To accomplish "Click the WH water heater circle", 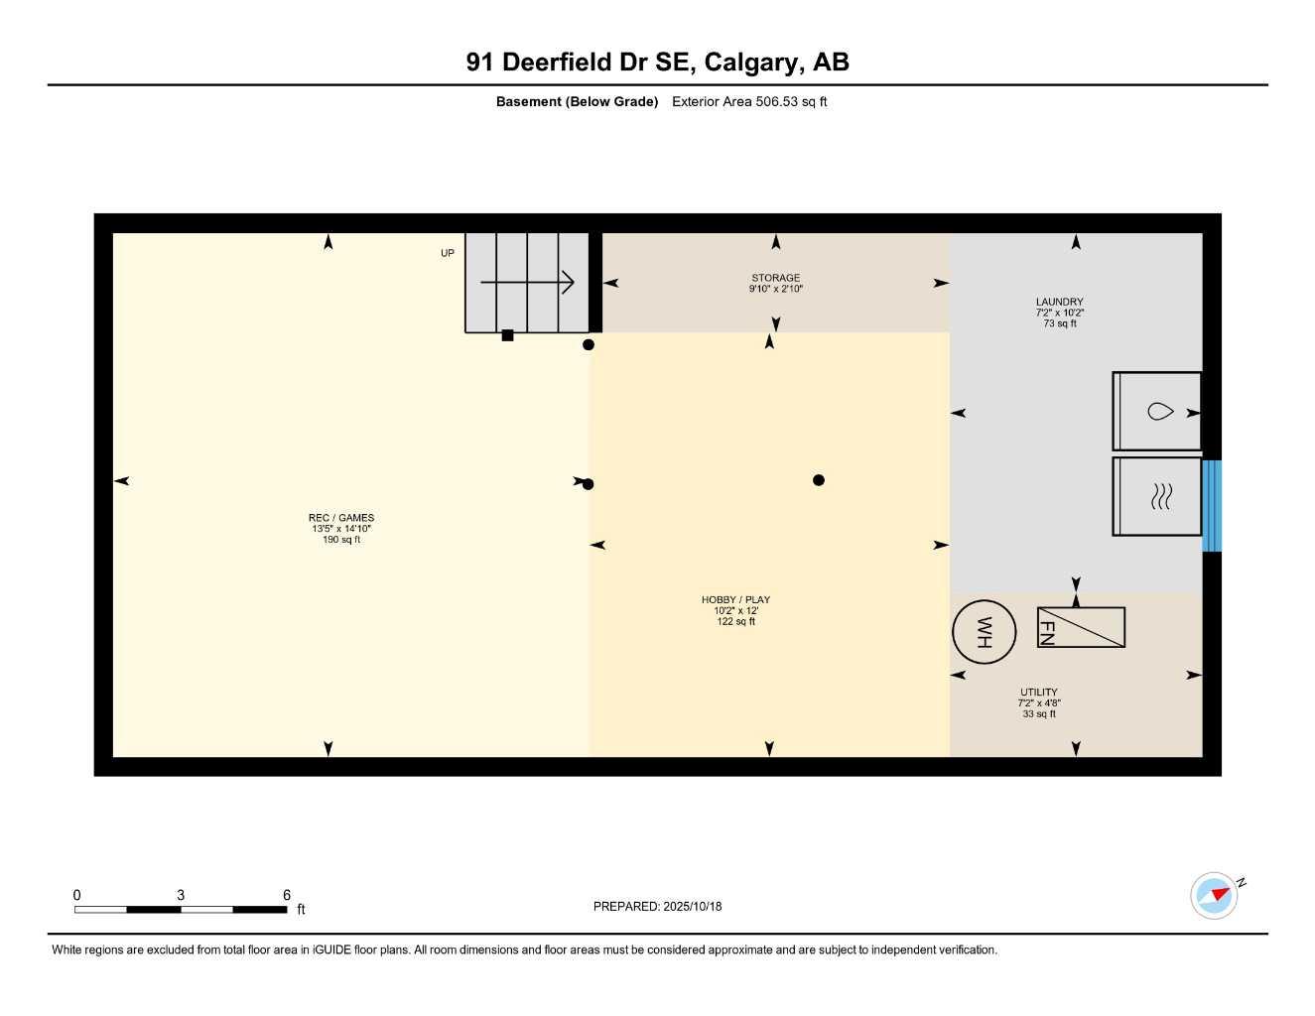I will point(985,632).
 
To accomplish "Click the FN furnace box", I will point(1081,627).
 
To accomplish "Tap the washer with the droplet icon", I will point(1157,411).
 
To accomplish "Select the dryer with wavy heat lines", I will point(1157,496).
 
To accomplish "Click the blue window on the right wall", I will point(1212,506).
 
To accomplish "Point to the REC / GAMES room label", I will point(341,518).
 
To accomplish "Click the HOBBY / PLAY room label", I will point(735,599).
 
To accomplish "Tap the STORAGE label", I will point(775,278).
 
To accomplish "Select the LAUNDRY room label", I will point(1059,302).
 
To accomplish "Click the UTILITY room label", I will point(1039,693).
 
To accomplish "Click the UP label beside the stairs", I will point(448,254).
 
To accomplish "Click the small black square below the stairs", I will point(507,335).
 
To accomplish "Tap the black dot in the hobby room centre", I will point(819,480).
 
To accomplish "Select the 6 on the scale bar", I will point(287,895).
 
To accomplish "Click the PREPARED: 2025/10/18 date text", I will point(657,906).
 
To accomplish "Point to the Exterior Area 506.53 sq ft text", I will point(749,101).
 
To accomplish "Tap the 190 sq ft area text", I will point(341,540).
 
